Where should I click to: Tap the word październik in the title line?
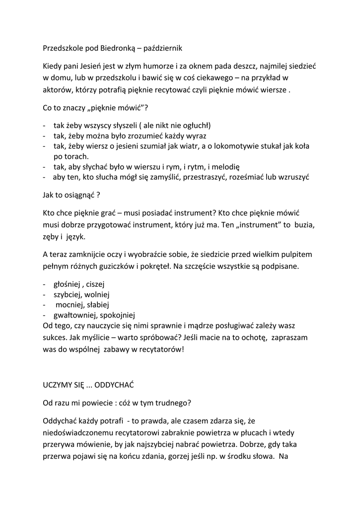pos(164,48)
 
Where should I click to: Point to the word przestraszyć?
pos(205,177)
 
